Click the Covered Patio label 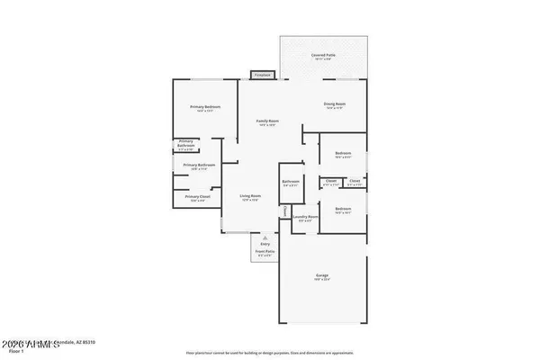click(x=323, y=54)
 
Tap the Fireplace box click(x=262, y=75)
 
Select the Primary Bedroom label click(x=204, y=107)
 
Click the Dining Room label click(x=334, y=104)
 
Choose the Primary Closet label click(x=197, y=196)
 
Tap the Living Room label click(x=249, y=195)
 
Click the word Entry click(x=265, y=243)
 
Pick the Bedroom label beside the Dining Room click(x=343, y=153)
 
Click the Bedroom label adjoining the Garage click(x=343, y=208)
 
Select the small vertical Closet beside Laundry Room click(x=285, y=212)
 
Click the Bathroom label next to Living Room click(x=290, y=181)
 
